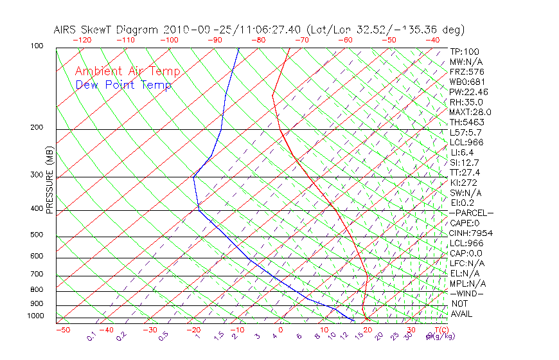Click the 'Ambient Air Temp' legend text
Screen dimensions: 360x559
(x=127, y=71)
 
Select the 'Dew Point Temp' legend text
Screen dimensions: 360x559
(x=123, y=85)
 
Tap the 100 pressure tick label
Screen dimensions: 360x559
(x=37, y=46)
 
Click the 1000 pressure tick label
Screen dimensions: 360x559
(x=35, y=316)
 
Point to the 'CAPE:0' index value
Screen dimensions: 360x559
(x=466, y=222)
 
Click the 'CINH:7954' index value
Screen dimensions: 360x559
(x=471, y=233)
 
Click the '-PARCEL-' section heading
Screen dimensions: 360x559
(x=471, y=212)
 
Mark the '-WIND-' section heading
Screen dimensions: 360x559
(x=467, y=293)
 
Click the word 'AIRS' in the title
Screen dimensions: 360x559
(x=66, y=30)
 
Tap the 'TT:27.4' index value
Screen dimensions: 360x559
(x=465, y=172)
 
